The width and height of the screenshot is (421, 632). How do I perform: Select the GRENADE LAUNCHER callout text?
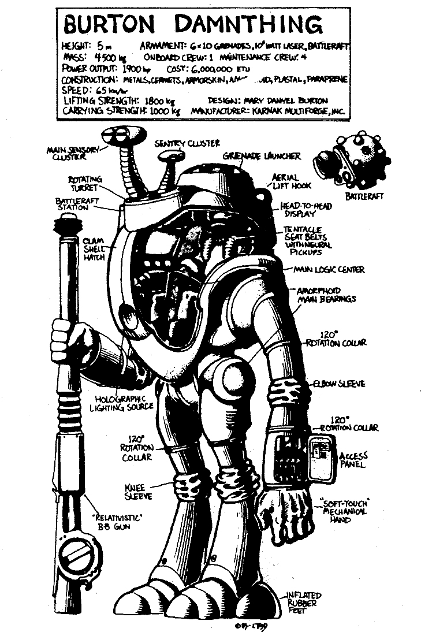(x=262, y=157)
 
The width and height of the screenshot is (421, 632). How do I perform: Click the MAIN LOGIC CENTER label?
(x=329, y=270)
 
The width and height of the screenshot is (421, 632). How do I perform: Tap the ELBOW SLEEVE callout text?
(x=340, y=384)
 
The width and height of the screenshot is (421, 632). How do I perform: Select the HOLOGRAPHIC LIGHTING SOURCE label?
(x=126, y=402)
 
